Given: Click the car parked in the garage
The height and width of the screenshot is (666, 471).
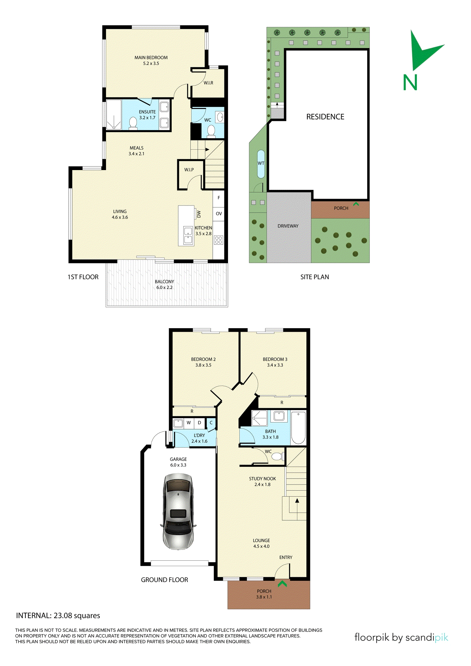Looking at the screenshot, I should (178, 512).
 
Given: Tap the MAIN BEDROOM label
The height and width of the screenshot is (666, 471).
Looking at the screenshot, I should (151, 58).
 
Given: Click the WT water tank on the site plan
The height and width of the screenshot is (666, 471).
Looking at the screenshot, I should (261, 164).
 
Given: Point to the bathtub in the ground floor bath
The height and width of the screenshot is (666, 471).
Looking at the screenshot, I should (298, 428).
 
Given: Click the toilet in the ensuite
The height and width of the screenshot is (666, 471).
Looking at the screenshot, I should (133, 123).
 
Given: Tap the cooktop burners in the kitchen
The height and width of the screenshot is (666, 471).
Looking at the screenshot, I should (219, 240).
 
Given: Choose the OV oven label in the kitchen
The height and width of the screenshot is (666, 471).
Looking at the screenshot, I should (219, 214).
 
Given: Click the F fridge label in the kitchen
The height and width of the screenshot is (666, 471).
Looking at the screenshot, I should (219, 198).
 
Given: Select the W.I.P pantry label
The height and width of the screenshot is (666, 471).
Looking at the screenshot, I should (189, 170).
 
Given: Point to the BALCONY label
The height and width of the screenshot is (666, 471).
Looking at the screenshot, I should (164, 282).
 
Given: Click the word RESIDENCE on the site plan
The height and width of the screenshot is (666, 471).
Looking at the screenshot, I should (325, 117).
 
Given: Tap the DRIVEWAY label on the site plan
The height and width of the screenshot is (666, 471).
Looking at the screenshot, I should (288, 226).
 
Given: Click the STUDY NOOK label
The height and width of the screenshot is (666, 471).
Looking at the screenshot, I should (262, 479).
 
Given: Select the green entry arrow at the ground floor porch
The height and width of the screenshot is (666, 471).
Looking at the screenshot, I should (282, 583).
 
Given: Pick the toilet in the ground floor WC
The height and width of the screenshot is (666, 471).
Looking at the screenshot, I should (277, 457).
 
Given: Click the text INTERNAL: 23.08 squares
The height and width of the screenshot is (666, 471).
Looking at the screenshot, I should (58, 616).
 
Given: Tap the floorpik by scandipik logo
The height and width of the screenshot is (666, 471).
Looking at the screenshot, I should (401, 637).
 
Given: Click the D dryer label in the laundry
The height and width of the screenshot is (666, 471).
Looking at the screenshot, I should (199, 423).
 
